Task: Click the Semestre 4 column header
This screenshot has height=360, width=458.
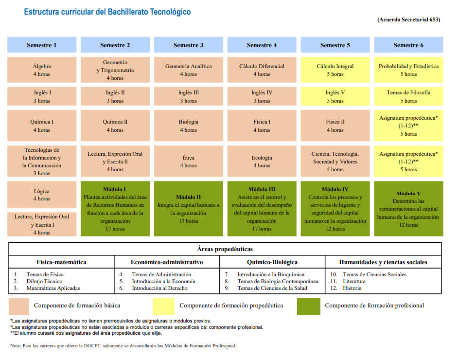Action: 262,45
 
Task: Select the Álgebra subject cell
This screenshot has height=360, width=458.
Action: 42,70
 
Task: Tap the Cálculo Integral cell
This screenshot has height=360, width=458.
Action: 335,70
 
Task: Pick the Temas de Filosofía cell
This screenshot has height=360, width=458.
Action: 408,96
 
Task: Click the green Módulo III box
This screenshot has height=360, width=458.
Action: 262,209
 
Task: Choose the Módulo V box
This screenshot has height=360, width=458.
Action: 408,209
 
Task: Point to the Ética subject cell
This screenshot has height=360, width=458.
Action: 188,161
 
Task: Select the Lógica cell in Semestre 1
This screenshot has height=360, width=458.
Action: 42,195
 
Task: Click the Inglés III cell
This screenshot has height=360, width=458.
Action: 188,96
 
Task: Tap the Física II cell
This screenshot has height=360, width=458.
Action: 335,126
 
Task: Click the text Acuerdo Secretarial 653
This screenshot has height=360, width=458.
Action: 408,19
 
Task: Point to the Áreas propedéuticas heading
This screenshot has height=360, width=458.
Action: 225,249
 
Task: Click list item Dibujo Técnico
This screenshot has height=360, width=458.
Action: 45,281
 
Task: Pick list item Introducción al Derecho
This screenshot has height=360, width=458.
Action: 159,288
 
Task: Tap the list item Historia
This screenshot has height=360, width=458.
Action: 352,288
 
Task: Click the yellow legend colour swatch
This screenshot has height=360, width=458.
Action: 164,306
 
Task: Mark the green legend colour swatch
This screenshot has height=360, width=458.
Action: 309,306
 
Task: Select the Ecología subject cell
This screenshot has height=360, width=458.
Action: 262,161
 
